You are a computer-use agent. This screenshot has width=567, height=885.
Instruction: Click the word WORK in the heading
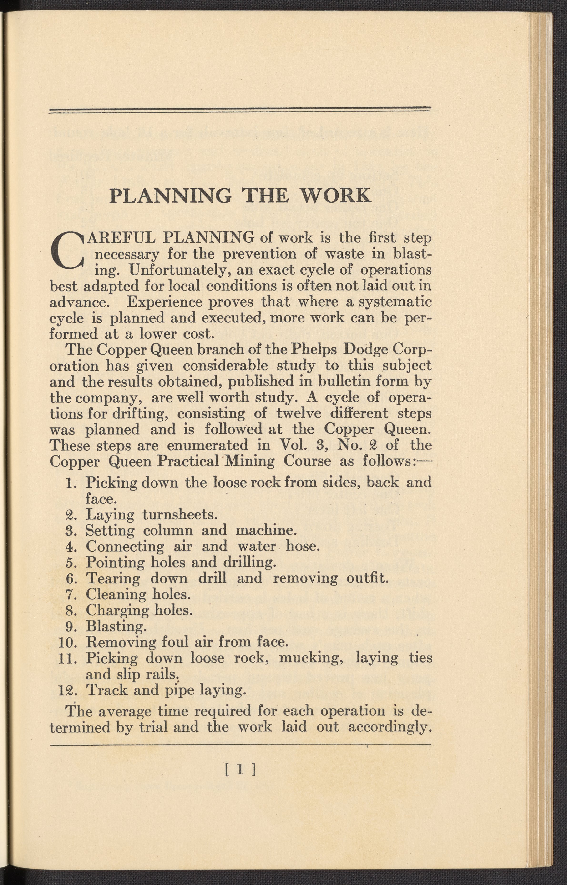(x=335, y=195)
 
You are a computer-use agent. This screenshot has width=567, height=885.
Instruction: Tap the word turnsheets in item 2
(x=179, y=514)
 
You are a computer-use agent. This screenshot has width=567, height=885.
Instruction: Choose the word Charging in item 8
(x=117, y=610)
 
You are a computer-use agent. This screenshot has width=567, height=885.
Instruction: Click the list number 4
(x=71, y=546)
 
